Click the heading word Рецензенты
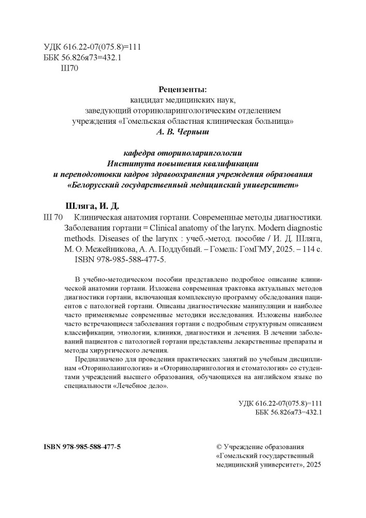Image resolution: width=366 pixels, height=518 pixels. [183, 90]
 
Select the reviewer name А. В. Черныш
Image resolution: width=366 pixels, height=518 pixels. [183, 133]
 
